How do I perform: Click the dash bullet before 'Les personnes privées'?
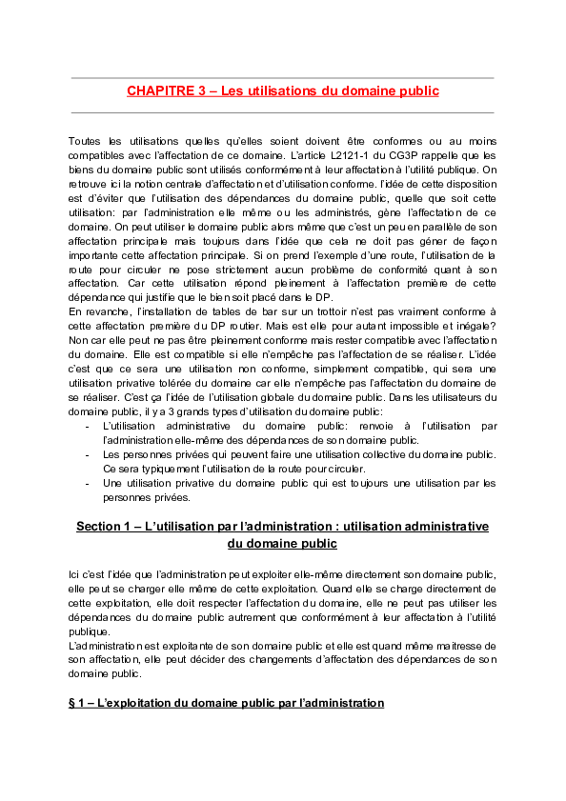click(88, 455)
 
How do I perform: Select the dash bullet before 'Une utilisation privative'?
click(88, 484)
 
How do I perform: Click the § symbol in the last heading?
click(72, 704)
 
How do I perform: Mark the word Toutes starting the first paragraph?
click(86, 141)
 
